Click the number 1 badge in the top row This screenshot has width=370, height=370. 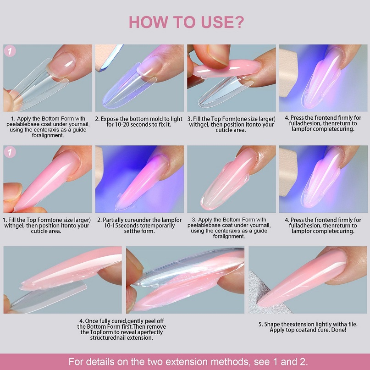(x=10, y=51)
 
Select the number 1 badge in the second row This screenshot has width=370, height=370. (x=10, y=153)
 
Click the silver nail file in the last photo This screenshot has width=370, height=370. (x=264, y=289)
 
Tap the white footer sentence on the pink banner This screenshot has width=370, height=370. (x=185, y=361)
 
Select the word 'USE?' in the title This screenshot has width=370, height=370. (x=221, y=22)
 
